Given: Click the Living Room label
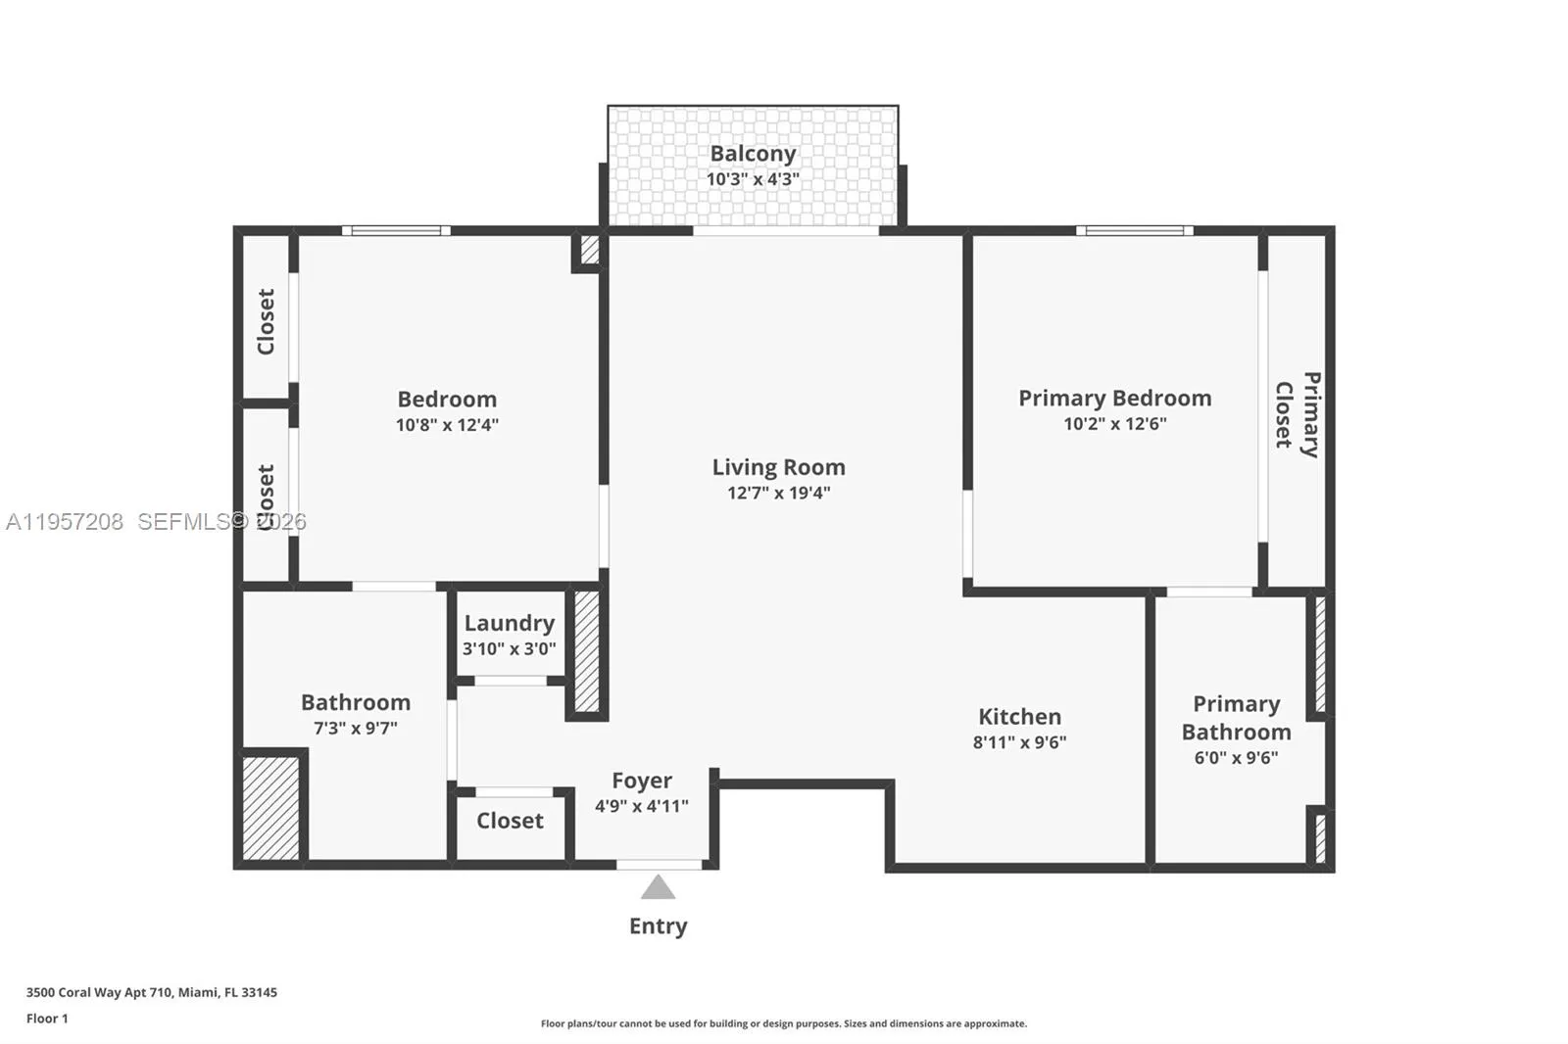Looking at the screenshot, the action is [778, 467].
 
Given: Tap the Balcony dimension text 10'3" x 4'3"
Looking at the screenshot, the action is [753, 179].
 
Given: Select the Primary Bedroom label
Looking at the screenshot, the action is [1114, 399].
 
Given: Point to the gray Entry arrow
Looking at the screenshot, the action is [658, 886].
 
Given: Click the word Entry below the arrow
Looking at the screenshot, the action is [658, 925].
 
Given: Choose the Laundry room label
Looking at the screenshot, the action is [510, 623].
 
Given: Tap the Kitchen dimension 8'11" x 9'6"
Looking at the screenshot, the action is [1019, 741].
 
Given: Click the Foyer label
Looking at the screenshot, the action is [642, 781].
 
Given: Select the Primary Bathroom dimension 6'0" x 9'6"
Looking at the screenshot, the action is [1236, 757].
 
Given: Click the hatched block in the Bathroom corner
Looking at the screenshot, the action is [270, 808].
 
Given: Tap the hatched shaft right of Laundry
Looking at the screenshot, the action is [587, 651].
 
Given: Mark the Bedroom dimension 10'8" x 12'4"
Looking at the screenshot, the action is [447, 425].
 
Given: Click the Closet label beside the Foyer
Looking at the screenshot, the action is [510, 820].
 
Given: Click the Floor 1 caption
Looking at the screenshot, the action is [48, 1019].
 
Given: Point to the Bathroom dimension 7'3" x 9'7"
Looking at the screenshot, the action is [356, 729].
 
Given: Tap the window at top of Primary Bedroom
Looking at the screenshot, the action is [1135, 230].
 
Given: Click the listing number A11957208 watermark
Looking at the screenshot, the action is [65, 521].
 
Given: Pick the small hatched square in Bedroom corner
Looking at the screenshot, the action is [589, 250].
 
